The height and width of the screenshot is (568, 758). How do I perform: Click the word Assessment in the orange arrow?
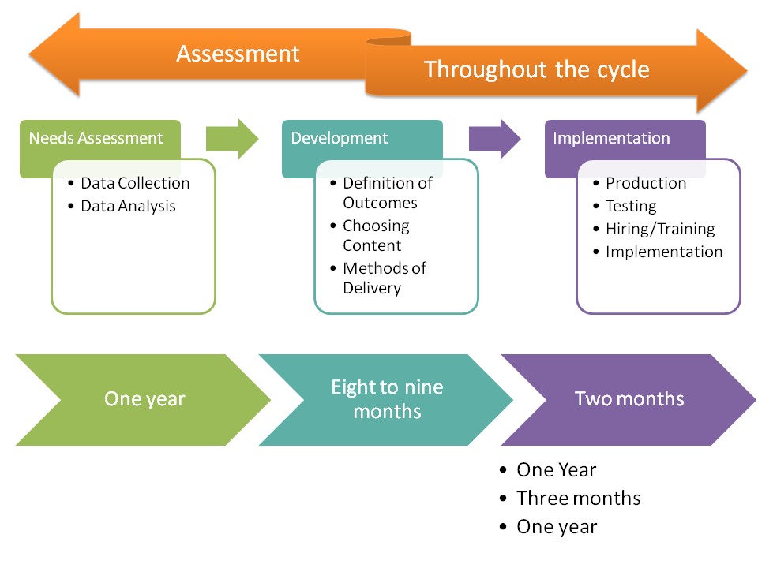[x=238, y=54]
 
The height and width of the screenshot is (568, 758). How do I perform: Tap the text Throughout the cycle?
[x=537, y=69]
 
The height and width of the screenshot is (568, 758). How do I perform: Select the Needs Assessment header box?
[x=96, y=138]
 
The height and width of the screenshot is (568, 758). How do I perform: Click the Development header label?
[x=340, y=138]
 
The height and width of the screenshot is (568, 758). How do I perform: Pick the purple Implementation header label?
[x=611, y=138]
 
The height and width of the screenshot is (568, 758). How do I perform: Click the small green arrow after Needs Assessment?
[x=231, y=139]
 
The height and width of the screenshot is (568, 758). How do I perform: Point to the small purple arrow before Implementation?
[x=494, y=139]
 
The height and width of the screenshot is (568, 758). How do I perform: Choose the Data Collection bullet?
[x=135, y=183]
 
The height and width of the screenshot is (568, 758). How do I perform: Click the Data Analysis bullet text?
[x=128, y=206]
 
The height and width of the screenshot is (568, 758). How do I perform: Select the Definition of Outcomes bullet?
[x=387, y=192]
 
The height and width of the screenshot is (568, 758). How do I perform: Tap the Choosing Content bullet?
[x=376, y=235]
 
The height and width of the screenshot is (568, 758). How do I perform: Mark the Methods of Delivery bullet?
[x=384, y=278]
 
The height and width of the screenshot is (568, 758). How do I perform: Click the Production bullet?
[x=646, y=183]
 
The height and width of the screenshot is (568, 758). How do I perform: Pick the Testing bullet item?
[x=631, y=206]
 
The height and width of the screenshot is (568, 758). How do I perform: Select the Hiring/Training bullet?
[x=660, y=229]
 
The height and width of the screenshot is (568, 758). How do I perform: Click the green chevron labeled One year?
[x=144, y=399]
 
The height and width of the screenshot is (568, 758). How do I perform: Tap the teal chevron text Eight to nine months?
[x=387, y=399]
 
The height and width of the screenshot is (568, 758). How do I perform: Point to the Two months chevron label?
[x=629, y=399]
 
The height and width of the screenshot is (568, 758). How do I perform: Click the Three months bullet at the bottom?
[x=578, y=499]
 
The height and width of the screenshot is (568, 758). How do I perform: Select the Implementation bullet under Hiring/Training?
[x=664, y=252]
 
